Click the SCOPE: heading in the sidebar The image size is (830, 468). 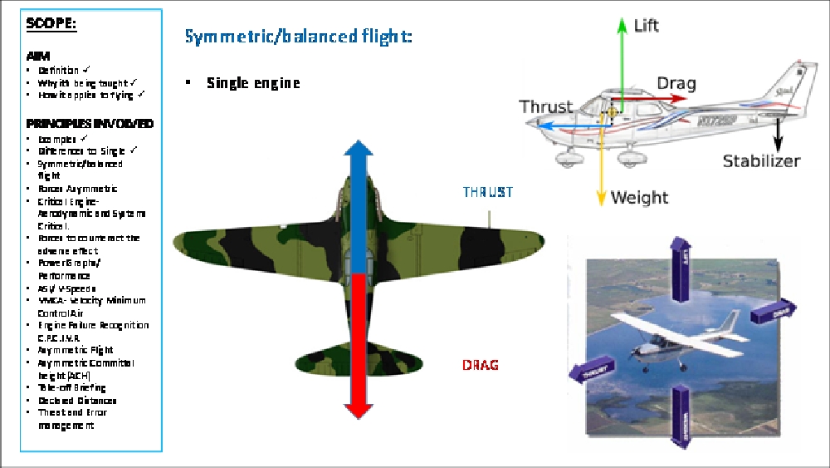[51, 23]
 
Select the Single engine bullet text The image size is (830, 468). [253, 83]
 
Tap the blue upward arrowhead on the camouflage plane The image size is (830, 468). [358, 152]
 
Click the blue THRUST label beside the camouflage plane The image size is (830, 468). [488, 193]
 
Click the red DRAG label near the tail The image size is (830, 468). [481, 365]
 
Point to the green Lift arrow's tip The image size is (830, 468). [621, 21]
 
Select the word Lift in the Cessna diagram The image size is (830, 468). [646, 26]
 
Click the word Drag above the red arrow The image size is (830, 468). [676, 83]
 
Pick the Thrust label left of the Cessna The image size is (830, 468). [545, 106]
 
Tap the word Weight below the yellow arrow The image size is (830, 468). [639, 198]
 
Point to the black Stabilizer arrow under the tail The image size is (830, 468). [779, 133]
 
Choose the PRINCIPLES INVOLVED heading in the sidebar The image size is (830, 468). [90, 123]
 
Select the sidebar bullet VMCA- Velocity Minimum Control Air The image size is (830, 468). [91, 307]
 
